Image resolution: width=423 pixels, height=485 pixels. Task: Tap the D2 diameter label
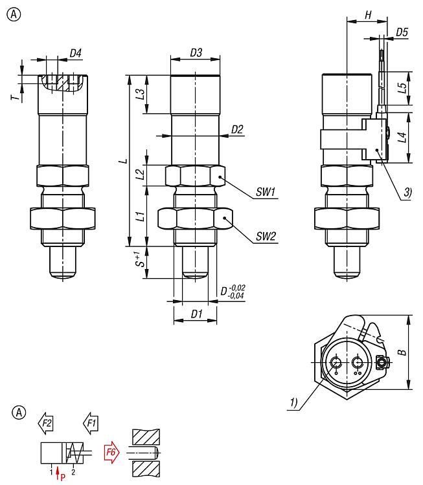tap(236, 129)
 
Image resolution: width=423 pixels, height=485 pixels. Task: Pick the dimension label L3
tap(139, 94)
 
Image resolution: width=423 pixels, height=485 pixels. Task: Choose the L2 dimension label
tap(139, 175)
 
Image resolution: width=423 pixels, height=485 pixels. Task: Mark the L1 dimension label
tap(139, 215)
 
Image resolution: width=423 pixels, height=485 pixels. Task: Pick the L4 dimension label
tap(402, 137)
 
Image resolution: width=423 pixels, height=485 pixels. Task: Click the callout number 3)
tap(407, 192)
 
